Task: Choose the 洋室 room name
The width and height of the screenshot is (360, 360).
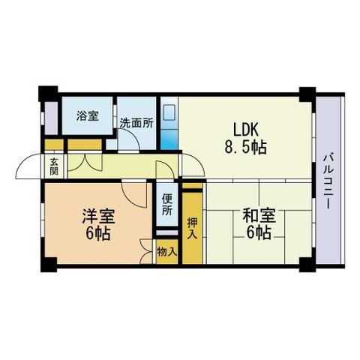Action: (x=98, y=217)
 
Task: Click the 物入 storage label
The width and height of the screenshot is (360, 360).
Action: (x=166, y=253)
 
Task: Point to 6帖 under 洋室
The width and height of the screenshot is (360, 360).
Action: (x=98, y=234)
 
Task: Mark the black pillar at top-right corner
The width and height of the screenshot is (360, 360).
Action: (x=307, y=95)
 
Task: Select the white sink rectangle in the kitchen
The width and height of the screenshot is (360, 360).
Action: (x=169, y=112)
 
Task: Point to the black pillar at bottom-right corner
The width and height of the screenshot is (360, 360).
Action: (x=307, y=264)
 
